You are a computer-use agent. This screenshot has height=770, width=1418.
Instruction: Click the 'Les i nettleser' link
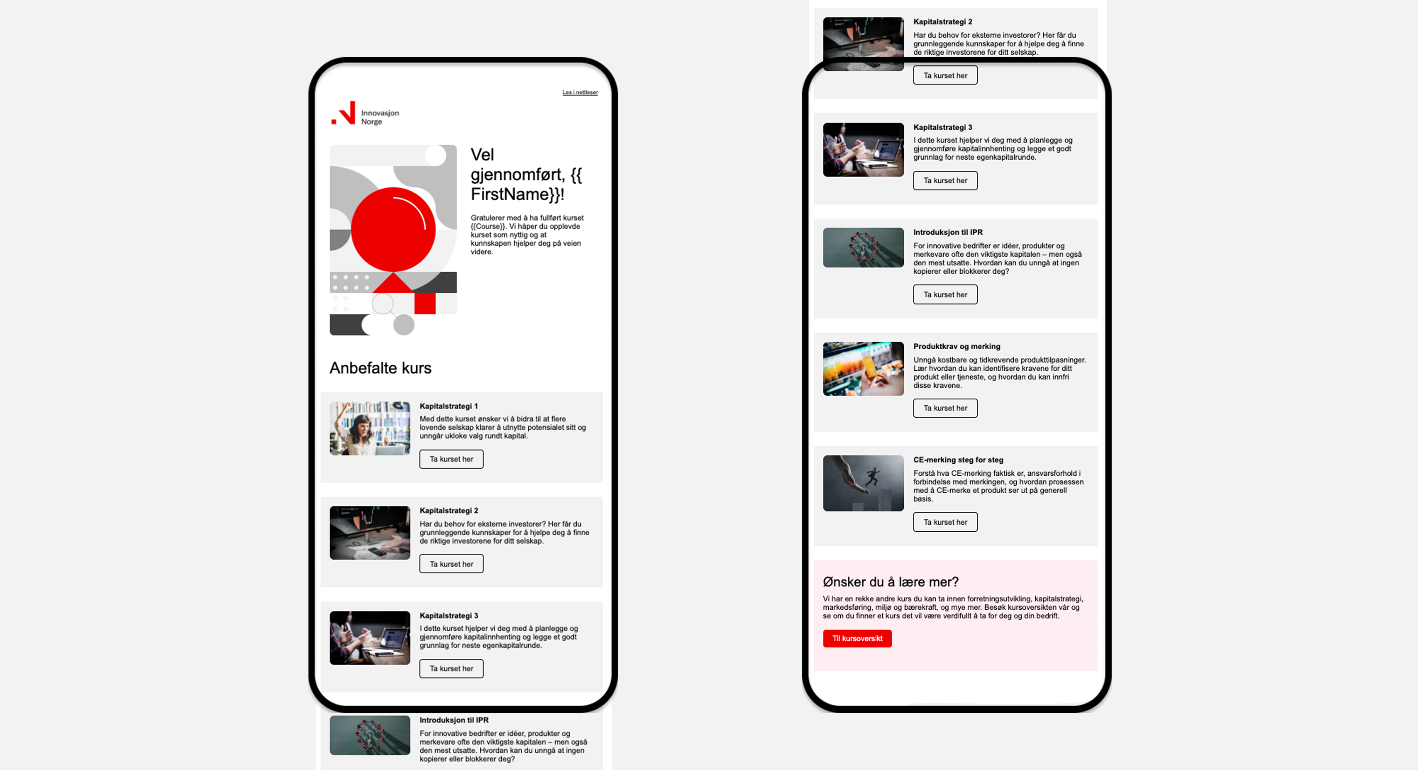[x=580, y=92]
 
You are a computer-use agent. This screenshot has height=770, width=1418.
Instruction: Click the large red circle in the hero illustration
[x=393, y=230]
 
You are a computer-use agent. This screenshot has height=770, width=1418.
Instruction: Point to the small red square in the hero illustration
[x=425, y=303]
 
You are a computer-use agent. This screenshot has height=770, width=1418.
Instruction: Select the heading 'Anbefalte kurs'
[x=380, y=368]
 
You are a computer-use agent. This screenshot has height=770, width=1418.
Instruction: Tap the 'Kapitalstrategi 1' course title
[x=449, y=406]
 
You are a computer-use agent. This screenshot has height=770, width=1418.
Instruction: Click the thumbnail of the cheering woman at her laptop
[x=370, y=428]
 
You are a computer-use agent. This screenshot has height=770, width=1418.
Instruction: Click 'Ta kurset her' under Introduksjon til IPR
[x=945, y=294]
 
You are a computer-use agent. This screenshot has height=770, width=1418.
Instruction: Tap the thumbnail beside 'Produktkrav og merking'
[x=863, y=369]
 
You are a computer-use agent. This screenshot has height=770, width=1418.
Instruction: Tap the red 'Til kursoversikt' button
[x=857, y=638]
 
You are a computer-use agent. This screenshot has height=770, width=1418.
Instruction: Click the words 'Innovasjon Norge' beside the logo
[x=380, y=117]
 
